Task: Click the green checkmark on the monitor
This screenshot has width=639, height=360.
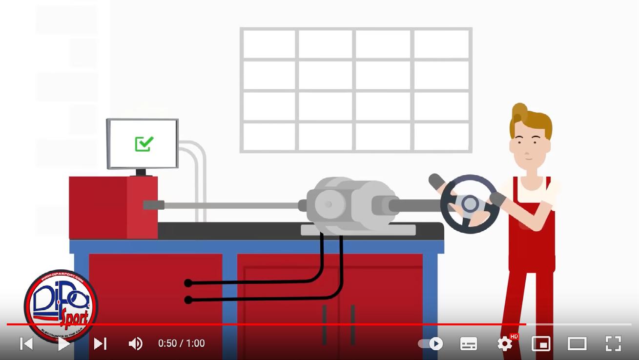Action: point(144,143)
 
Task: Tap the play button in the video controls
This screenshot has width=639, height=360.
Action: point(63,343)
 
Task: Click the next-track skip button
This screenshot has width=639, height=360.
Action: point(100,343)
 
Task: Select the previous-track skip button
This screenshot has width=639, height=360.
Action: point(26,343)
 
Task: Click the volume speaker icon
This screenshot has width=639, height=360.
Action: point(135,343)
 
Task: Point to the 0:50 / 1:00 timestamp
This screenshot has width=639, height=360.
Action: point(181,343)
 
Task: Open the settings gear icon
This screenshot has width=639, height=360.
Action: point(505,343)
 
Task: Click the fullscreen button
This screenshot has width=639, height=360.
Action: point(613,343)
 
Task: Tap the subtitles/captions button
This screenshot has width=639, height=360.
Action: point(469,343)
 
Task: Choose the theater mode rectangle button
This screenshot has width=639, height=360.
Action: point(577,343)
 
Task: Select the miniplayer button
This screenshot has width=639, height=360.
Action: point(541,343)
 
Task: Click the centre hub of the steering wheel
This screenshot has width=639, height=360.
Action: point(470,204)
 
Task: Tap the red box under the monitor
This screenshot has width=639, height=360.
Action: point(113,207)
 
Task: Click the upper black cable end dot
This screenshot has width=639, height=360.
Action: point(188,283)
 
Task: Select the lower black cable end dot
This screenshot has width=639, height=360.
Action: point(188,300)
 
